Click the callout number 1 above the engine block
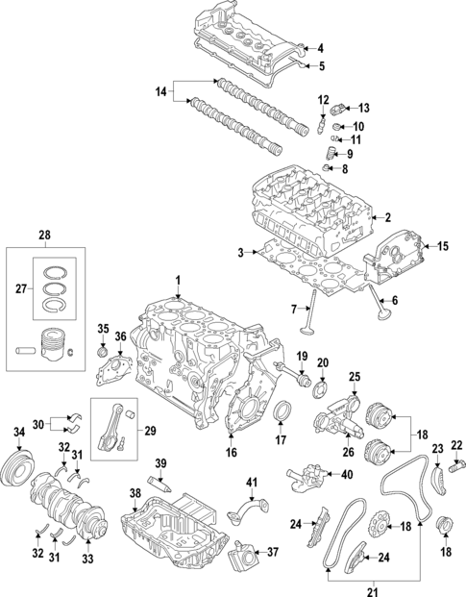click(x=178, y=280)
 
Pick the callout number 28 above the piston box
click(x=42, y=236)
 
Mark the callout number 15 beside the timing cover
click(x=443, y=246)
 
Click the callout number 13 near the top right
click(x=364, y=107)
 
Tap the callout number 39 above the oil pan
click(x=161, y=463)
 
